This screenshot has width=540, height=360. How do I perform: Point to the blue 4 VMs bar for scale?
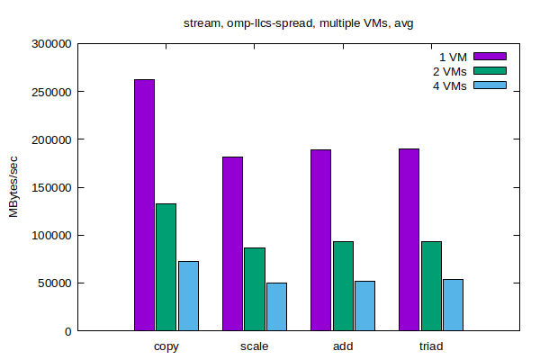click(276, 307)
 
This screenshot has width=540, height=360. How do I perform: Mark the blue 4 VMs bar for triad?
click(453, 305)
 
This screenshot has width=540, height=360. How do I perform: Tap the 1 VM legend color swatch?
click(490, 56)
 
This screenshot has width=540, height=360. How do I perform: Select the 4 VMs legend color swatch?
click(490, 85)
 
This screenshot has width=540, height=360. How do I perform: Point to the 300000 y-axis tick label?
click(49, 43)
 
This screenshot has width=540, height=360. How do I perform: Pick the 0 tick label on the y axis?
click(67, 331)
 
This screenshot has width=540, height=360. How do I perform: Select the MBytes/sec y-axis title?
click(14, 186)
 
